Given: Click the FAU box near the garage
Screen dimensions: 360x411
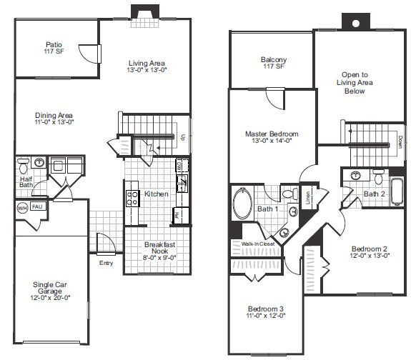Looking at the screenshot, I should coord(37,206).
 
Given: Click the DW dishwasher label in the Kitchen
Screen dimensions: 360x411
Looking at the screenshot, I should coord(178,166).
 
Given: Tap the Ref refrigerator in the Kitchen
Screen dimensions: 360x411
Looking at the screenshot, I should coord(177,214).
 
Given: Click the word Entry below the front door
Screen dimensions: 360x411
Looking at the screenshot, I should coord(107,262).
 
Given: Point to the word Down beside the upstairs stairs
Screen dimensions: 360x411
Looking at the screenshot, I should coord(400,141).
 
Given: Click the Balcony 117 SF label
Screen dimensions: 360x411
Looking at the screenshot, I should coord(273,63).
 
